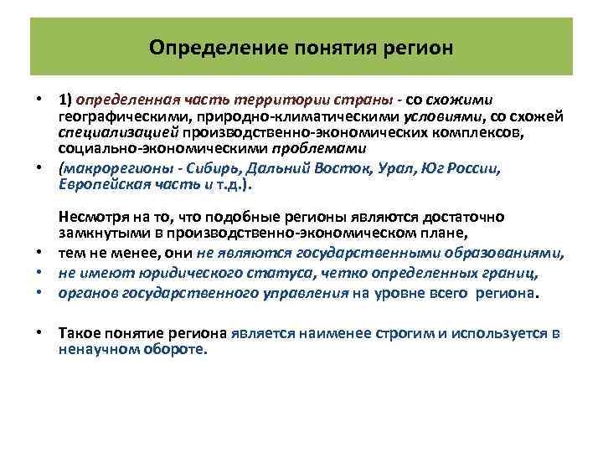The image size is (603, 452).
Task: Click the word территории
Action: pos(243,100)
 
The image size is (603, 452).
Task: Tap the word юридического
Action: pos(174,274)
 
